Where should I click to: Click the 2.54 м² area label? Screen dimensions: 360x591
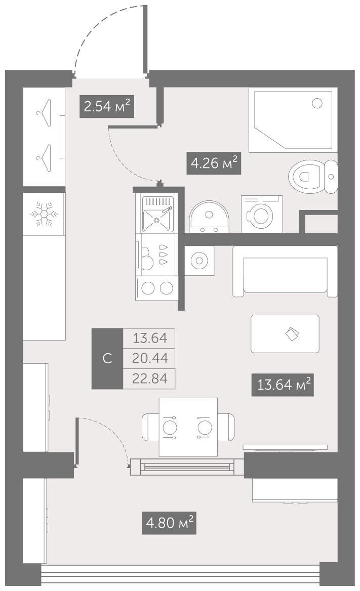click(107, 107)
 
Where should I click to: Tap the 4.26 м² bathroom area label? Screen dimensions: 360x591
click(214, 163)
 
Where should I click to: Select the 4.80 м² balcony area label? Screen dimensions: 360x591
click(170, 523)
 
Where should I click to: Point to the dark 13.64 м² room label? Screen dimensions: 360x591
click(283, 385)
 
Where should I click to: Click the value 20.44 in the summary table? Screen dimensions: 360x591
click(150, 358)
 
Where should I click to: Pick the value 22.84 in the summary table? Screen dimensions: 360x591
click(150, 378)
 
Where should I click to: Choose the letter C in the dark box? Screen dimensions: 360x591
click(107, 358)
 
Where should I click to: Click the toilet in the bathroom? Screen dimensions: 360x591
click(313, 177)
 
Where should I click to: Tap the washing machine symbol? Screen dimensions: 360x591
click(262, 214)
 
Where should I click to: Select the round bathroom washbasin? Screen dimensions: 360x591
click(209, 217)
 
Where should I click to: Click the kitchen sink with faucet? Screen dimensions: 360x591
click(158, 215)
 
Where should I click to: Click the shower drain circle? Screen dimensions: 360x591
click(317, 103)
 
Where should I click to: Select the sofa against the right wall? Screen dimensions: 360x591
click(285, 271)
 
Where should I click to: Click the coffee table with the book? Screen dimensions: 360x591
click(285, 334)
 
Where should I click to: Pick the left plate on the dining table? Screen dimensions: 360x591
click(170, 428)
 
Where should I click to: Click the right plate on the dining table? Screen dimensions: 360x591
click(205, 428)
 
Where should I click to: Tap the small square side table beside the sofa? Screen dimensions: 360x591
click(199, 261)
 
